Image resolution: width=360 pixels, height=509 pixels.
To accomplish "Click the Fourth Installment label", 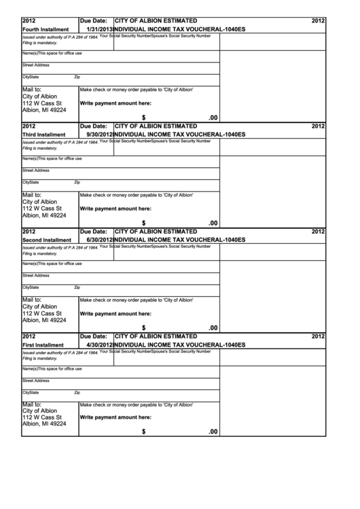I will click(x=46, y=30).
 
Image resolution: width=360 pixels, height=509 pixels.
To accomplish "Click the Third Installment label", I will click(x=44, y=135).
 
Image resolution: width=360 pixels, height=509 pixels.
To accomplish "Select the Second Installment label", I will click(x=47, y=240).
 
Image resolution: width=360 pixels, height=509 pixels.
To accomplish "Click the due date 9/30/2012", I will click(x=99, y=135).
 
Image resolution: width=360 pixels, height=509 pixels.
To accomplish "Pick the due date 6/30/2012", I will click(x=99, y=240).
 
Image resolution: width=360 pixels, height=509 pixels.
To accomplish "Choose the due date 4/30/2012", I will click(x=99, y=345).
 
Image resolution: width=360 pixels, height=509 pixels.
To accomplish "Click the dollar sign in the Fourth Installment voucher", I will click(x=144, y=117).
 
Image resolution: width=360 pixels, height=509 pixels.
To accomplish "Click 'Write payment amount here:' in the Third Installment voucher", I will click(x=115, y=208).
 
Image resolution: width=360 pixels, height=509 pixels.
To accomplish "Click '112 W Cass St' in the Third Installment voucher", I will click(x=42, y=209).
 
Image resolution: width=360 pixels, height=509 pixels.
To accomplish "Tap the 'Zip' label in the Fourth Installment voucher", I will click(x=77, y=77).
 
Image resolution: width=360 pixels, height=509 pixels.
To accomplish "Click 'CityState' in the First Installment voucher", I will click(x=31, y=392).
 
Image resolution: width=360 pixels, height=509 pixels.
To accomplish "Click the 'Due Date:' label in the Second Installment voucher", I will click(x=94, y=231).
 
